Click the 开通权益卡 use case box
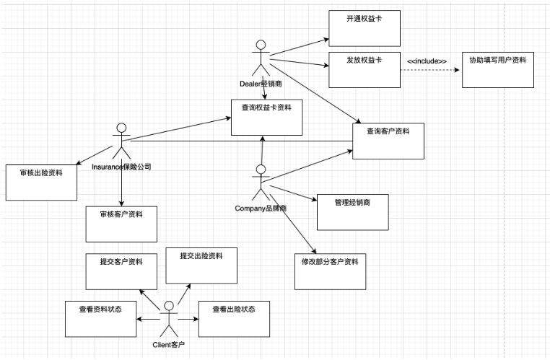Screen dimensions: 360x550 click(364, 29)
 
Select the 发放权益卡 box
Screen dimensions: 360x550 click(364, 70)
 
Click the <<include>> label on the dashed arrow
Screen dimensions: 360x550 click(427, 61)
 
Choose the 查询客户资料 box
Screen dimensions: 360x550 click(388, 141)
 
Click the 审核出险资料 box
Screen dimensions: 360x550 click(42, 183)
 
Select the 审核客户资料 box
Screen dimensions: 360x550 click(121, 224)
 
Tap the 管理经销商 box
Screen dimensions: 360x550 click(352, 212)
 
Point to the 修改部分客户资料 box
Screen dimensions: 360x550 click(331, 271)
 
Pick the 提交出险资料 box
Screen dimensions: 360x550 click(202, 265)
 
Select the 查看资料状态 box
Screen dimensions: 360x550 click(100, 318)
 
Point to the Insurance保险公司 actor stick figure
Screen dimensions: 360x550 click(121, 141)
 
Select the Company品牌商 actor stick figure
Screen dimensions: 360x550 click(261, 183)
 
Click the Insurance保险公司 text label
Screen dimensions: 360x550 click(121, 167)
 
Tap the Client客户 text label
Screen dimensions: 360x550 click(169, 345)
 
